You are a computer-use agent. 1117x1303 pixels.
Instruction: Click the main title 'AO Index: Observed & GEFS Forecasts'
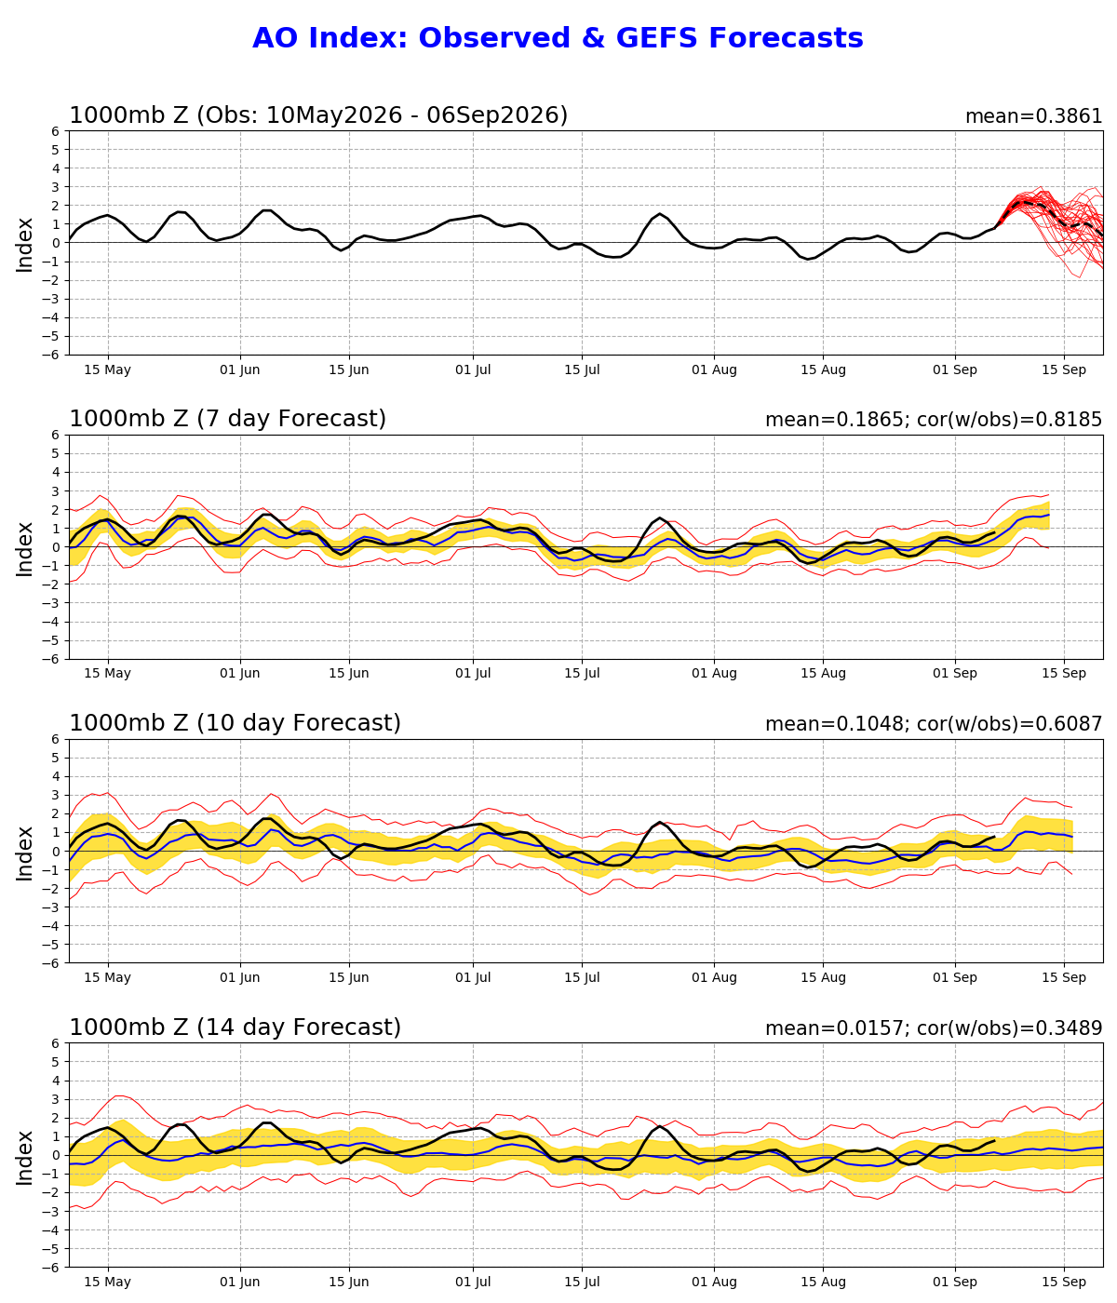[558, 38]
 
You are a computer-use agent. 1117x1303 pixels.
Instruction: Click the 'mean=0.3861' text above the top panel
[1034, 116]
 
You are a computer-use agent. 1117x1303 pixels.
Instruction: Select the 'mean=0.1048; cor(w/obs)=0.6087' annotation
[934, 724]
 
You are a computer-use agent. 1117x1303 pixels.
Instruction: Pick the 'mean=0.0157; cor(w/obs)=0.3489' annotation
[934, 1028]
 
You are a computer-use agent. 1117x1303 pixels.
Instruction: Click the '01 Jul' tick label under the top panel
[474, 370]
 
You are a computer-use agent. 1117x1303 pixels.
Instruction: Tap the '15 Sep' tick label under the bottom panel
[1064, 1283]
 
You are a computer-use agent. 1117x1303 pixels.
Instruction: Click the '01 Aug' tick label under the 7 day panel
[714, 674]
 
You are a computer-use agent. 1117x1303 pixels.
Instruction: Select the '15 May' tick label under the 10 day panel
[108, 978]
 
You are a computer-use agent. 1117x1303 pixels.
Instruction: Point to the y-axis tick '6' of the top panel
[56, 131]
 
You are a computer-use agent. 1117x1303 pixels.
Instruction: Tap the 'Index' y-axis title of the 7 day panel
[24, 548]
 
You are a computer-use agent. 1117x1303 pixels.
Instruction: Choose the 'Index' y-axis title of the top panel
[24, 245]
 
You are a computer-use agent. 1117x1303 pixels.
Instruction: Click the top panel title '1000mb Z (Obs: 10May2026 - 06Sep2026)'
[318, 115]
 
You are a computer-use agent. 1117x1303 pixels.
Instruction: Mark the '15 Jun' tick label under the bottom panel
[348, 1283]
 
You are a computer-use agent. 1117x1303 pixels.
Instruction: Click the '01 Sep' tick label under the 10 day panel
[955, 978]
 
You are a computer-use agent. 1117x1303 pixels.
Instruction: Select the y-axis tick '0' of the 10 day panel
[56, 852]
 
